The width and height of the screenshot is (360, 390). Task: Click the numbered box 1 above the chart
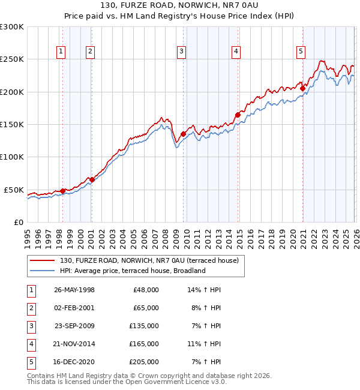61,52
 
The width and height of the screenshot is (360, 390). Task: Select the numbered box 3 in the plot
181,52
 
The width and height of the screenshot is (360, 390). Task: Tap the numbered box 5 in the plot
300,52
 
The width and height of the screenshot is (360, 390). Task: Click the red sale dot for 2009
183,134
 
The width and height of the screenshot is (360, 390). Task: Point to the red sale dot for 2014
238,115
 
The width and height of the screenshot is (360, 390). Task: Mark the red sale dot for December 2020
303,89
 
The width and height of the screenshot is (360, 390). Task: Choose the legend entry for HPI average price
133,271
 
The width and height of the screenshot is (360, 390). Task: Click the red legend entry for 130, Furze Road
149,260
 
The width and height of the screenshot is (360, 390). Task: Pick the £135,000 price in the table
145,326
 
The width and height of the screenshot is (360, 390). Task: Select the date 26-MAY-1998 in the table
74,289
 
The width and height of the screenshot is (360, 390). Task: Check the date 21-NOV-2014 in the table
74,344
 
